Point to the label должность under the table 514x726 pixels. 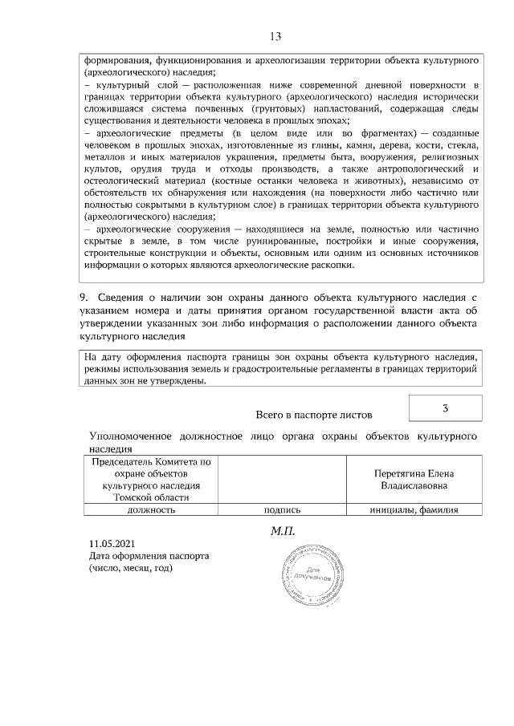[150, 509]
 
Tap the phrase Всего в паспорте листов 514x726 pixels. [313, 415]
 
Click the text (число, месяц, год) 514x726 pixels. [131, 567]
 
